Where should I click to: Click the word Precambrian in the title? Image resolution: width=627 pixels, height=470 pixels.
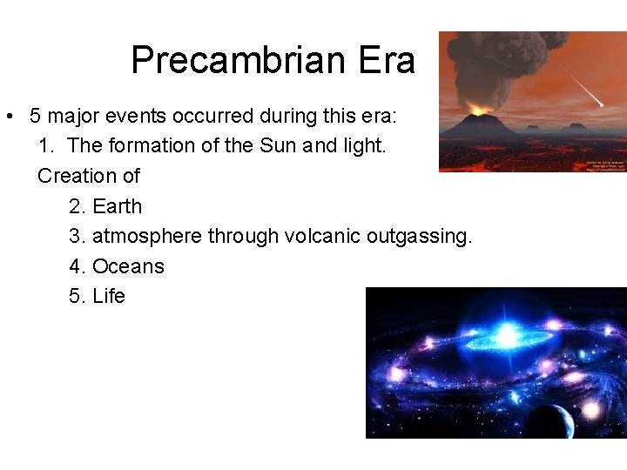[x=230, y=60]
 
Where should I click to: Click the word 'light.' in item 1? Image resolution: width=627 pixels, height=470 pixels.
[x=361, y=145]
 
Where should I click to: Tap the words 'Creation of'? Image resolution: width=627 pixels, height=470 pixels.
[x=89, y=176]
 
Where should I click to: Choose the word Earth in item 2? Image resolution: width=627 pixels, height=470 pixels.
[x=117, y=206]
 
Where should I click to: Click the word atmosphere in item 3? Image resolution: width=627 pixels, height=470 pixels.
[x=147, y=236]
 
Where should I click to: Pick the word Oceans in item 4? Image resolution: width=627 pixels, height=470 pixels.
[x=128, y=266]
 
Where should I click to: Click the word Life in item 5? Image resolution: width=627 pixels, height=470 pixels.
[x=109, y=296]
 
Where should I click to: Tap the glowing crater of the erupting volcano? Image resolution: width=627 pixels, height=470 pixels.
[x=476, y=112]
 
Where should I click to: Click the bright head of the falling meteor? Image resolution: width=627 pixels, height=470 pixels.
[x=600, y=104]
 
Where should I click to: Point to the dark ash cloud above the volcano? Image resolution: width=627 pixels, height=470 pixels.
[x=496, y=65]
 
